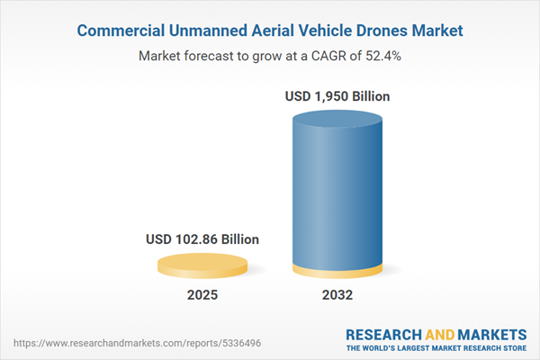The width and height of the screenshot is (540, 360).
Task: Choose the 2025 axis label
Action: [x=202, y=295]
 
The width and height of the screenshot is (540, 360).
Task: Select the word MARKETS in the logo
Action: [x=491, y=334]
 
